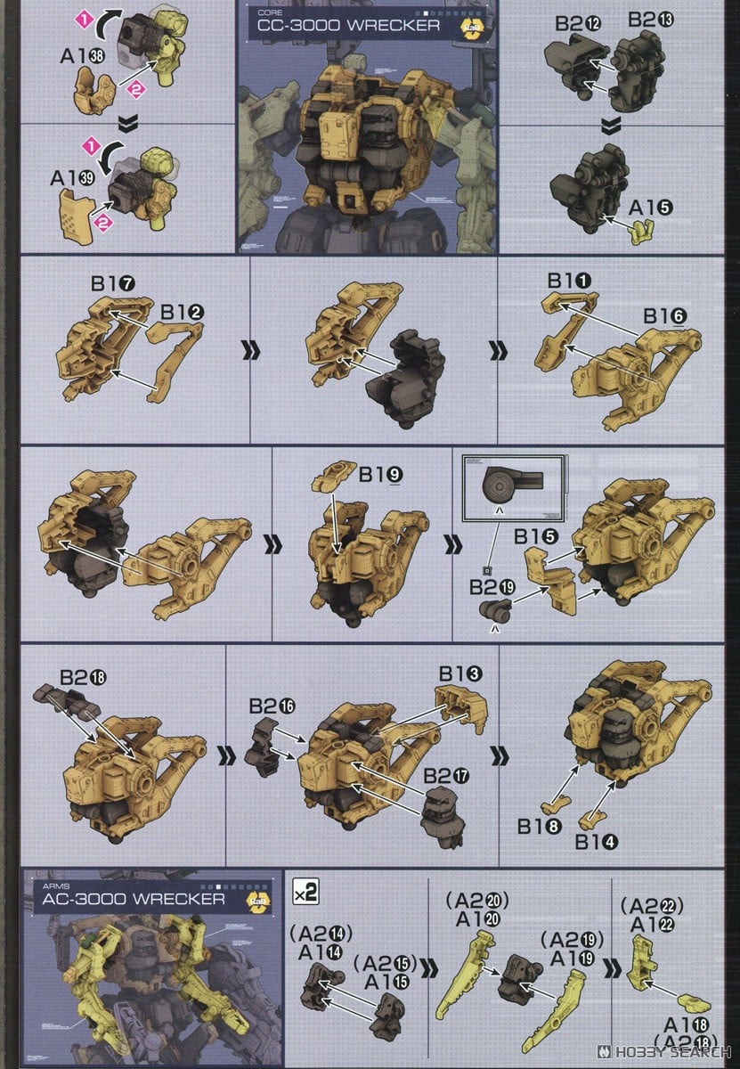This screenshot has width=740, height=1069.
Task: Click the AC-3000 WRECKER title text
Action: coord(134,898)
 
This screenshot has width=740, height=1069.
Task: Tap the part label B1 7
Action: coord(111,284)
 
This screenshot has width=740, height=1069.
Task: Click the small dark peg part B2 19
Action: coord(496,610)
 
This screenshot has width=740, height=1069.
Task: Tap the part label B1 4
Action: coord(598,842)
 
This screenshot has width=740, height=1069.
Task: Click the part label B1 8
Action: coord(540,827)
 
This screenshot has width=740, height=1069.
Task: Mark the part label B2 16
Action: coord(272,706)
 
